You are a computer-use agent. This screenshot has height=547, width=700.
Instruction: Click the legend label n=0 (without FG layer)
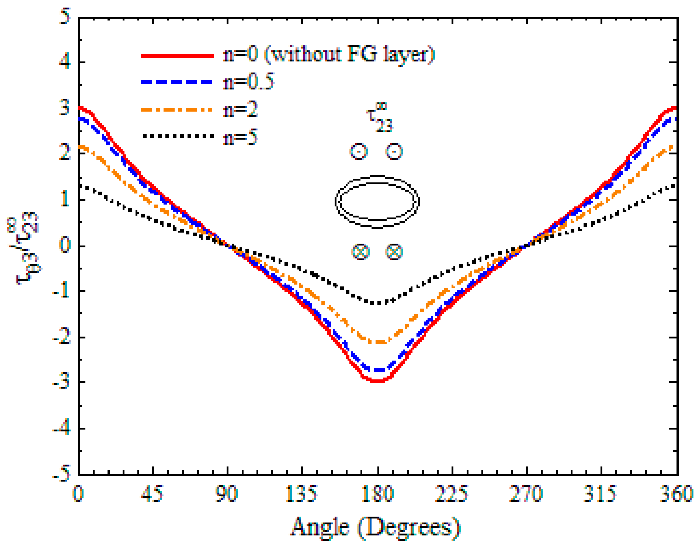click(329, 55)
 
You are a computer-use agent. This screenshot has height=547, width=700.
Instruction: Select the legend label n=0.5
click(249, 82)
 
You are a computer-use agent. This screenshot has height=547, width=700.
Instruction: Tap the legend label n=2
click(240, 110)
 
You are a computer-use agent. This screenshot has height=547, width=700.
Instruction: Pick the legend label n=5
click(240, 137)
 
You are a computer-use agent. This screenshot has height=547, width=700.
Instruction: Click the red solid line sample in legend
click(177, 56)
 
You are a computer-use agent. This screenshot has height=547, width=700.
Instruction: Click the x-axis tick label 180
click(378, 494)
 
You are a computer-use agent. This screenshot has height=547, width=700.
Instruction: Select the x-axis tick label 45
click(152, 494)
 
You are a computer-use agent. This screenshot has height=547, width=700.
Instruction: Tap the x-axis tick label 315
click(600, 494)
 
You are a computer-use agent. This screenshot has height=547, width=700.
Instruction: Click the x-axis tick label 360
click(676, 494)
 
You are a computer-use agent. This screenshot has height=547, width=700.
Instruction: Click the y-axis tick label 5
click(64, 17)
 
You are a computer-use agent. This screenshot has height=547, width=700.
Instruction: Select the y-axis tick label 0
click(65, 245)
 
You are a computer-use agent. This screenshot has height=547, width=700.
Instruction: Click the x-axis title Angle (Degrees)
click(375, 528)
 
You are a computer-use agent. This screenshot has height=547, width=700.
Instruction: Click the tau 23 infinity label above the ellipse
click(380, 118)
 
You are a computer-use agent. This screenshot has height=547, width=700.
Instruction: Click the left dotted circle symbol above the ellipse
click(359, 152)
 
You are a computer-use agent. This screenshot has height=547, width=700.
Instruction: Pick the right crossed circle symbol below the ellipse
click(394, 252)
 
